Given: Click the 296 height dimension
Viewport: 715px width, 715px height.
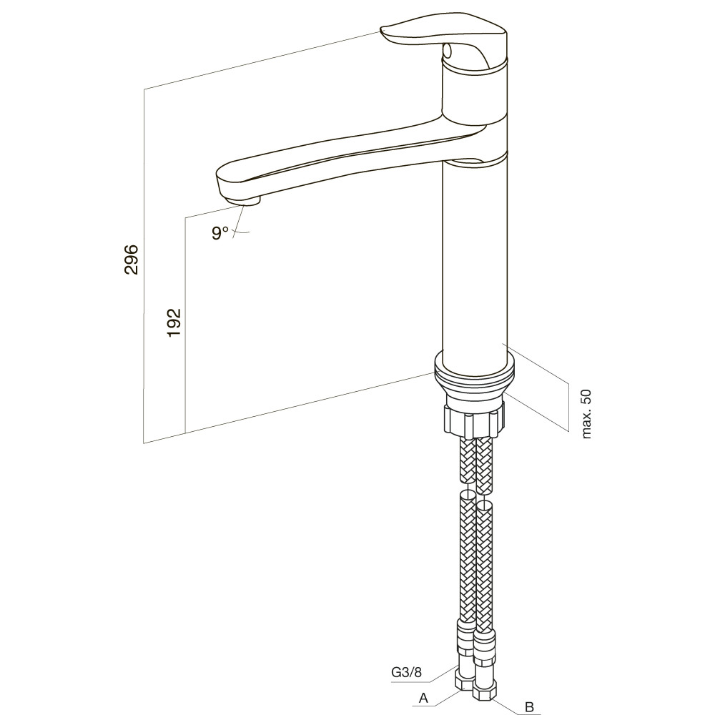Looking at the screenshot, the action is coord(132,260).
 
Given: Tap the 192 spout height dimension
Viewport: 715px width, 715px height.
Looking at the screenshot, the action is coord(174,323).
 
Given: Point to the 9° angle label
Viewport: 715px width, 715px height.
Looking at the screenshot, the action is coord(220,232).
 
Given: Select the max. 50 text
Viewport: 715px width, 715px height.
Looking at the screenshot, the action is coord(586,414).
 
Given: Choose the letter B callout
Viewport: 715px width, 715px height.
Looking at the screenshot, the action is coord(529,707).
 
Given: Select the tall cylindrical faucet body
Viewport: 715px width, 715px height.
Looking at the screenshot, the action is coord(475,260).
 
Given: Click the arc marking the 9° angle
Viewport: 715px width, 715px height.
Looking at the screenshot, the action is coord(242,233).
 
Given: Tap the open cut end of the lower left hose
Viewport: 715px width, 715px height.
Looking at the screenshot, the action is coord(465,495).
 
